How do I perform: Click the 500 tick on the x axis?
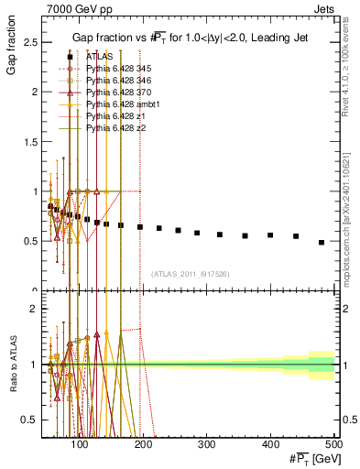pyautogui.click(x=333, y=445)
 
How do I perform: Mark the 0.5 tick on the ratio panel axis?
pyautogui.click(x=31, y=420)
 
